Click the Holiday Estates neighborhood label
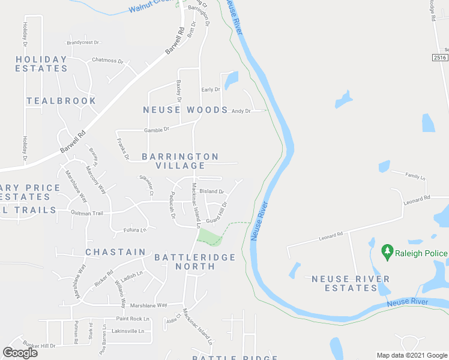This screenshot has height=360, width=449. (x=41, y=64)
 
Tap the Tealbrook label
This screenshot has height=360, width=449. (x=61, y=101)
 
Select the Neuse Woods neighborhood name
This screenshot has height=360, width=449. (x=185, y=110)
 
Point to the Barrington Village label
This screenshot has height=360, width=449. (x=180, y=161)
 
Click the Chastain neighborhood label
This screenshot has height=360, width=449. (x=115, y=252)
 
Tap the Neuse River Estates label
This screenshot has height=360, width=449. (x=351, y=283)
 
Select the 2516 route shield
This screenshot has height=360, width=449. (x=440, y=58)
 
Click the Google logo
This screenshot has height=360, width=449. (x=20, y=353)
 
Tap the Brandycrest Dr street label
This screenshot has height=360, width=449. (x=83, y=43)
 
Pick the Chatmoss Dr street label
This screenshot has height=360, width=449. (x=107, y=61)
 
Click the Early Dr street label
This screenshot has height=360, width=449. (x=210, y=90)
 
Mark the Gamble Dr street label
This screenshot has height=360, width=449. (x=157, y=130)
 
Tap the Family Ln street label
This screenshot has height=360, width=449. (x=415, y=178)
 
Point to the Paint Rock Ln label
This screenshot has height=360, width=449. (x=129, y=319)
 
